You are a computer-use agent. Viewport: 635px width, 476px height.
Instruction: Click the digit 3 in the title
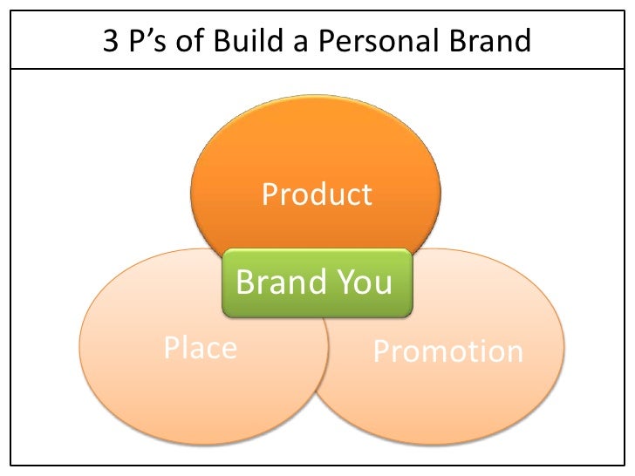tap(112, 40)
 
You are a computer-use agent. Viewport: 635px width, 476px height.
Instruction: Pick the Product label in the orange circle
tap(317, 194)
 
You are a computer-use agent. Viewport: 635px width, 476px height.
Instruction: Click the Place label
tap(201, 348)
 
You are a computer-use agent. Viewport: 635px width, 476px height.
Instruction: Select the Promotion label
tap(447, 351)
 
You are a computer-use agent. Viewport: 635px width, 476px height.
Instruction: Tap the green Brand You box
tap(317, 282)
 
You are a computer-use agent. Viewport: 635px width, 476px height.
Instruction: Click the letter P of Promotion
tap(381, 351)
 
